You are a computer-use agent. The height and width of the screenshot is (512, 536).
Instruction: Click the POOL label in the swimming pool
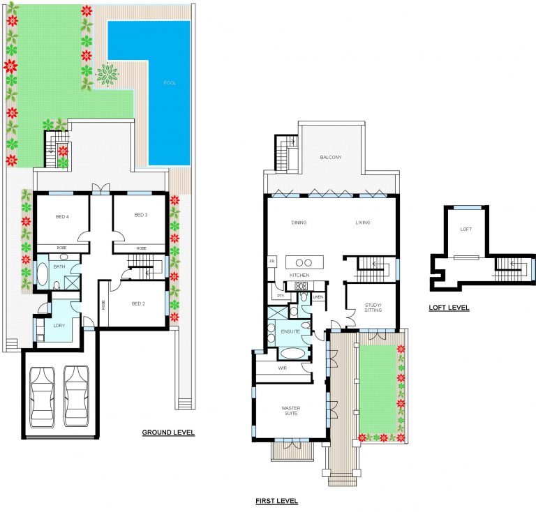(170, 82)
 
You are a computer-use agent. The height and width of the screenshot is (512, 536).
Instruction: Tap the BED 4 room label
(62, 216)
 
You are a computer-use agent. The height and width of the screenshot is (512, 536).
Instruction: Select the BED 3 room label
(141, 215)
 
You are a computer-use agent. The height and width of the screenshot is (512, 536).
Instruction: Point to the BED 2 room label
(138, 303)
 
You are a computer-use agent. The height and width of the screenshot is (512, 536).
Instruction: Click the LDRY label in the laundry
(59, 326)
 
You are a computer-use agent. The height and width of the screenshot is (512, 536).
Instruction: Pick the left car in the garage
(42, 397)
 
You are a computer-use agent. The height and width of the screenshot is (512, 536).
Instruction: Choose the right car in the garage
(76, 396)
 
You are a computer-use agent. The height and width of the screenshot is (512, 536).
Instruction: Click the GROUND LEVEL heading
(168, 432)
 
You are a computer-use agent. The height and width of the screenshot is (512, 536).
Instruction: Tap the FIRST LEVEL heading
(276, 501)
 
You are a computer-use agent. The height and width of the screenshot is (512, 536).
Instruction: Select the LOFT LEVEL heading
(449, 308)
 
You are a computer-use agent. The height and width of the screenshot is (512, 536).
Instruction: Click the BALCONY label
(331, 157)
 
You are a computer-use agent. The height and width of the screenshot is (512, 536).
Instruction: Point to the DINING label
(299, 223)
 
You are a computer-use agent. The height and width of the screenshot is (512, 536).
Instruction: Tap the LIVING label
(363, 223)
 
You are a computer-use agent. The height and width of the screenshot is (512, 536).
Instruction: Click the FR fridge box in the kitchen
(272, 262)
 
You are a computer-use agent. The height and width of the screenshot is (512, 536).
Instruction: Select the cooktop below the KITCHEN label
(301, 286)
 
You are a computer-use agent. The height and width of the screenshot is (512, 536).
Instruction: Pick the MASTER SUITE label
(291, 411)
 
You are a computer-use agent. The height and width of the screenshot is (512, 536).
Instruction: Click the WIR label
(283, 368)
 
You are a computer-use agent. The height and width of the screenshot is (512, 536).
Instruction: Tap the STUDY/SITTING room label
(373, 308)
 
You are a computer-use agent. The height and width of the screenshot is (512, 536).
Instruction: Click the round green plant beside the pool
(107, 74)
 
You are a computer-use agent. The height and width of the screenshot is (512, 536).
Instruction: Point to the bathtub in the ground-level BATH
(43, 274)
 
